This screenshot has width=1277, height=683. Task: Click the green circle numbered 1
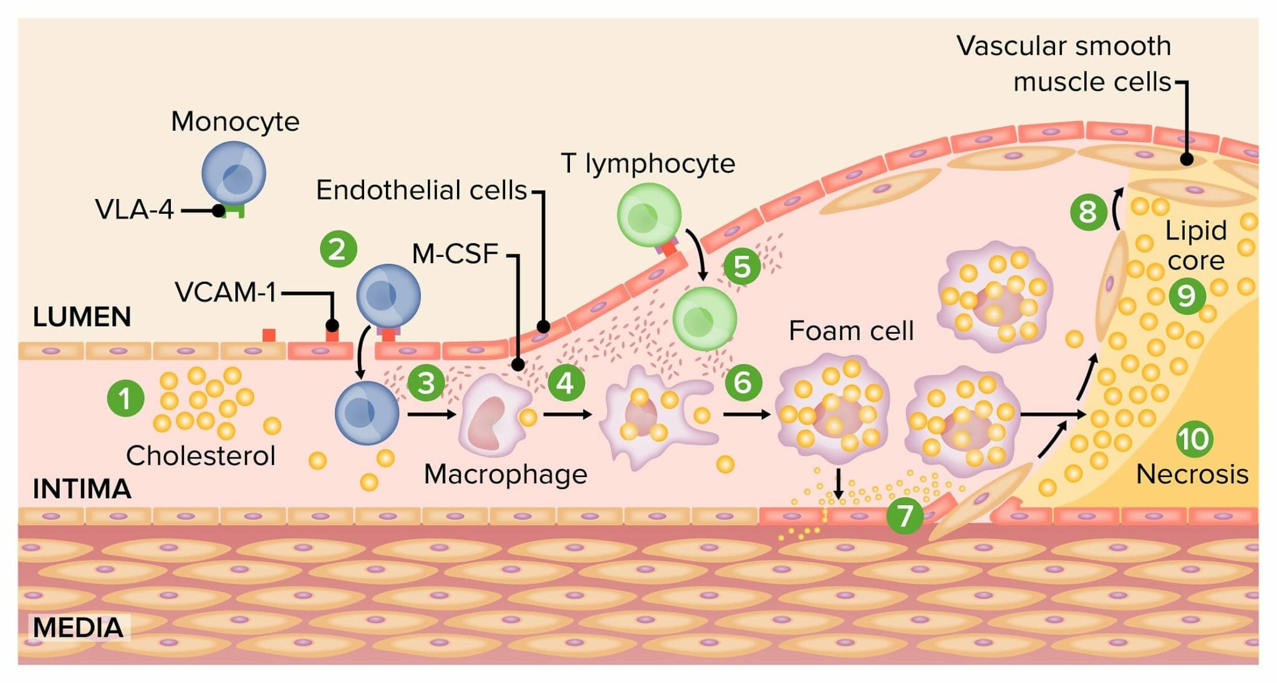[x=125, y=398]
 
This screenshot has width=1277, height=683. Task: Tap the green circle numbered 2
[x=338, y=249]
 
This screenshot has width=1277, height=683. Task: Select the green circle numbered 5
[x=741, y=266]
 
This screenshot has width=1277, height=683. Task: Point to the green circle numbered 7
[x=904, y=515]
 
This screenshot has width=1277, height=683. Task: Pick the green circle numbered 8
[x=1088, y=211]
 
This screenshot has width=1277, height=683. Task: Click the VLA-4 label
[x=134, y=210]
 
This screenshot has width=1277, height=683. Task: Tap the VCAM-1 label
[x=225, y=292]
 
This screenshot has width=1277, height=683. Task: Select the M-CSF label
[x=455, y=254]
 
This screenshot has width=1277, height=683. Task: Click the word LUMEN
[x=82, y=317]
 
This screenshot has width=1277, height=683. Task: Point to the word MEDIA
[x=78, y=627]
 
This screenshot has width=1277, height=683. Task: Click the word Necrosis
[x=1192, y=475]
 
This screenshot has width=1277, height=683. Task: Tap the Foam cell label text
[x=851, y=331]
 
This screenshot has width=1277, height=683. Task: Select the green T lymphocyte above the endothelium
[x=648, y=215]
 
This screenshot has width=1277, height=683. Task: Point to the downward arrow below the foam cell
[x=839, y=484]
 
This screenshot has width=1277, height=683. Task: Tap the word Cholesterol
[x=201, y=455]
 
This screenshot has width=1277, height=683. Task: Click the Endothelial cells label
[x=422, y=190]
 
